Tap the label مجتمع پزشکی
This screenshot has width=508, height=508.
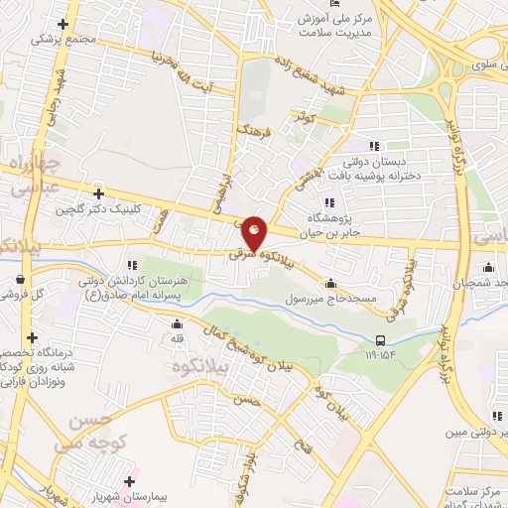[x=65, y=39]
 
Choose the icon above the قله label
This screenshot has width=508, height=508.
[x=177, y=322]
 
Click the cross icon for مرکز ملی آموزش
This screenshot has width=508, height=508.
[x=312, y=20]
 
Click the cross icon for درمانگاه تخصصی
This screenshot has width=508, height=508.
[x=33, y=337]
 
